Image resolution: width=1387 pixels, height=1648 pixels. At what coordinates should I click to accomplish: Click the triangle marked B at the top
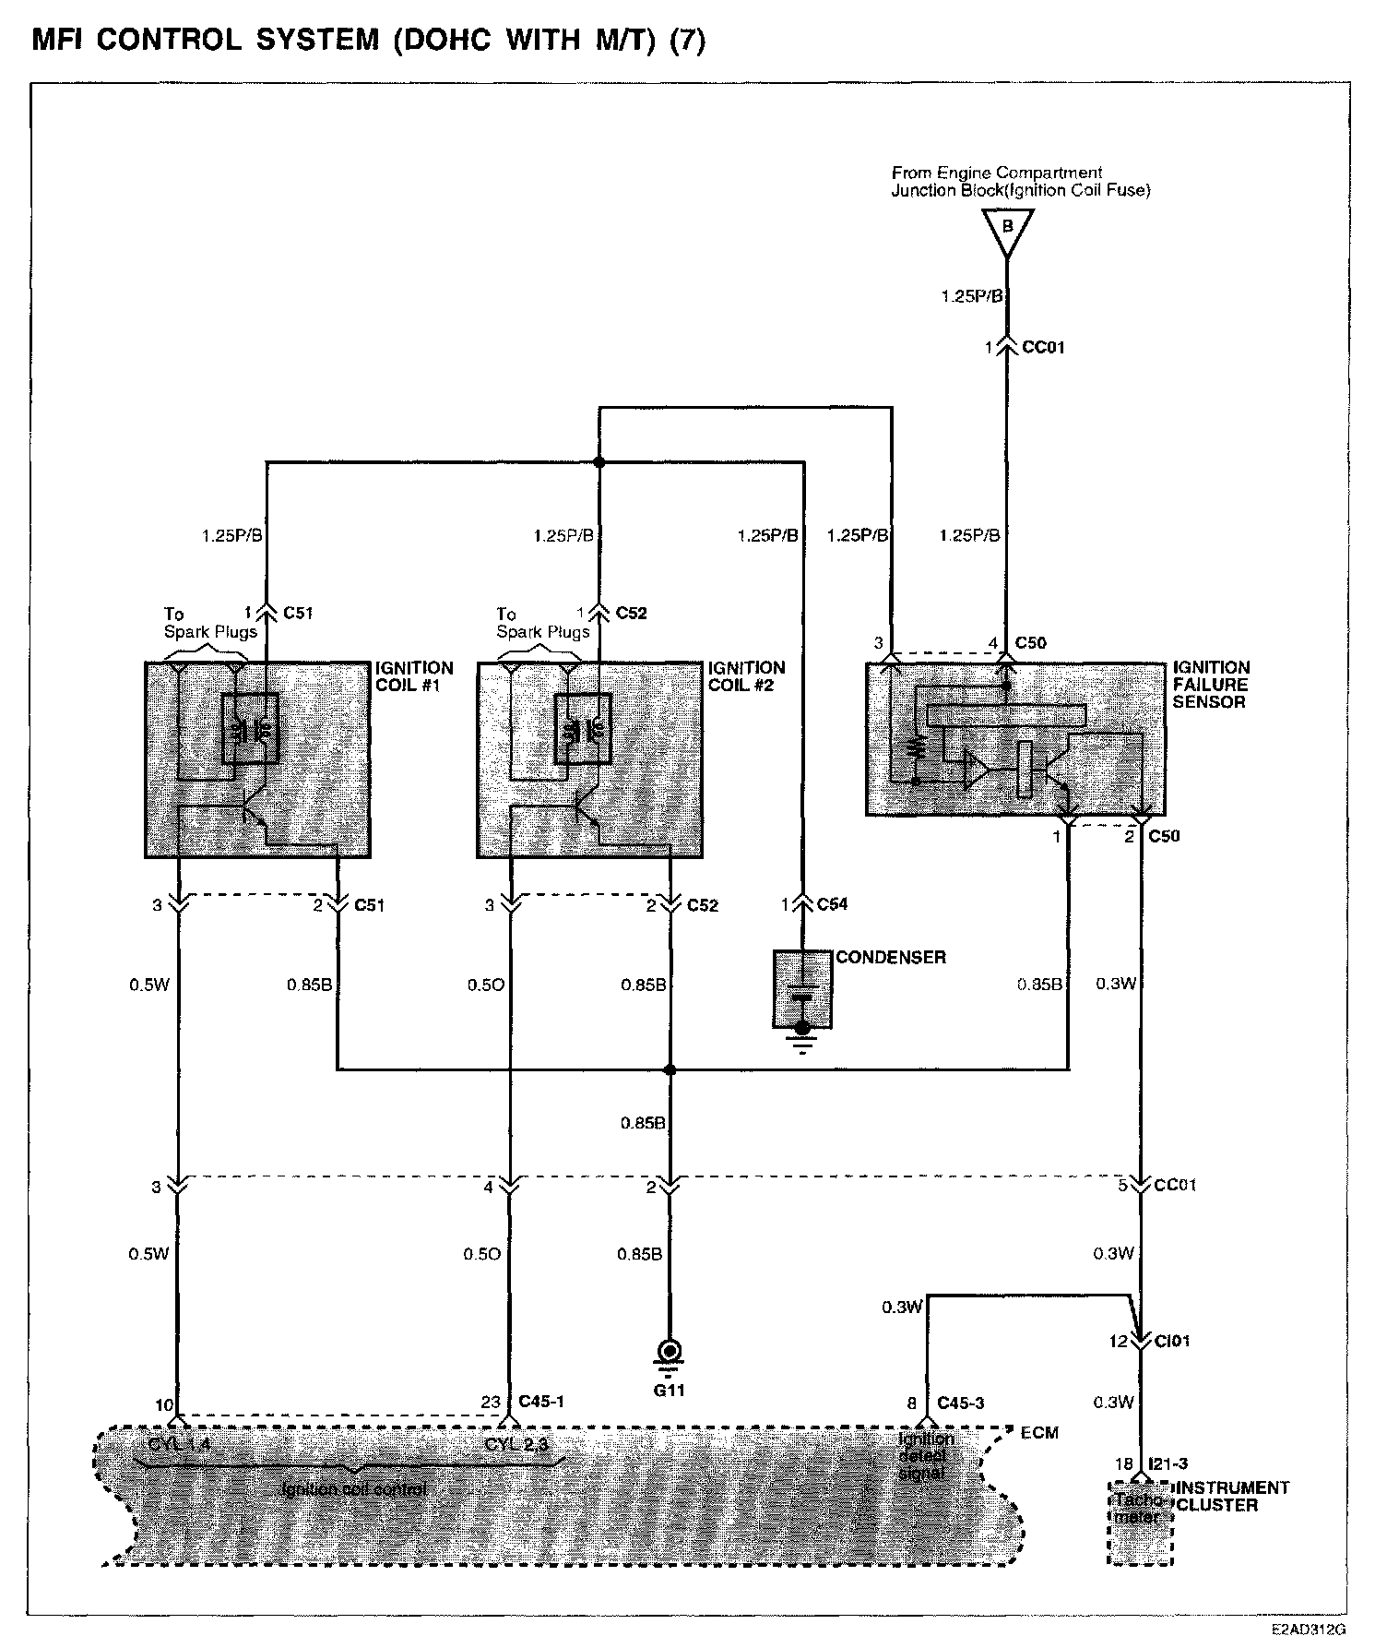[x=1007, y=229]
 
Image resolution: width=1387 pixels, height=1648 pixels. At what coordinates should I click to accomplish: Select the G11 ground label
[x=670, y=1390]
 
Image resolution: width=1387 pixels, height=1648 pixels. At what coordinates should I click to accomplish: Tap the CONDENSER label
[x=890, y=957]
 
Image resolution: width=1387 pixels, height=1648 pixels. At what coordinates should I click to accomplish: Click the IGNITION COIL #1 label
[x=414, y=676]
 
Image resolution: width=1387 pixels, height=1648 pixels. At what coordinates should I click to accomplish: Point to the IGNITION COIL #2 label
[x=746, y=676]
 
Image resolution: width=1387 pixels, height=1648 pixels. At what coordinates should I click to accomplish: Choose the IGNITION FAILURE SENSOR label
[x=1211, y=685]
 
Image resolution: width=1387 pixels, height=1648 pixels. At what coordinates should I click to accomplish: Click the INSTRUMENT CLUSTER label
[x=1231, y=1497]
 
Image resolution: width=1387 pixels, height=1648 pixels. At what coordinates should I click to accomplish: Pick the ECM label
[x=1039, y=1432]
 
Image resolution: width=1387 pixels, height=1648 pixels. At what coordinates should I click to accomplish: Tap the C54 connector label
[x=832, y=904]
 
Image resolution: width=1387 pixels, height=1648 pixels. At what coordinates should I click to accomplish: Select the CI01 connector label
[x=1172, y=1341]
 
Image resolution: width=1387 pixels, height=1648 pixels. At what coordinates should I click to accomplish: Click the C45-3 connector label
[x=961, y=1403]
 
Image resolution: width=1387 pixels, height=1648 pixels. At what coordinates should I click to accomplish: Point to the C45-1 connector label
[x=541, y=1401]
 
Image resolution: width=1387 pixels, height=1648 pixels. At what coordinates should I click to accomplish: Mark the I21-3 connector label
[x=1170, y=1463]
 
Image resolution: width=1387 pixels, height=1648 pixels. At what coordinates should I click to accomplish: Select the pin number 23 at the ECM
[x=491, y=1402]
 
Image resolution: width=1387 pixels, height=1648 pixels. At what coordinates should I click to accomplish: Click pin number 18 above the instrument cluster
[x=1123, y=1463]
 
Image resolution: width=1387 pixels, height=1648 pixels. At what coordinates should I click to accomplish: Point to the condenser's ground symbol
[x=803, y=1045]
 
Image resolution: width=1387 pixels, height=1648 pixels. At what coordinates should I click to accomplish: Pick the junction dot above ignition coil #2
[x=599, y=461]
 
